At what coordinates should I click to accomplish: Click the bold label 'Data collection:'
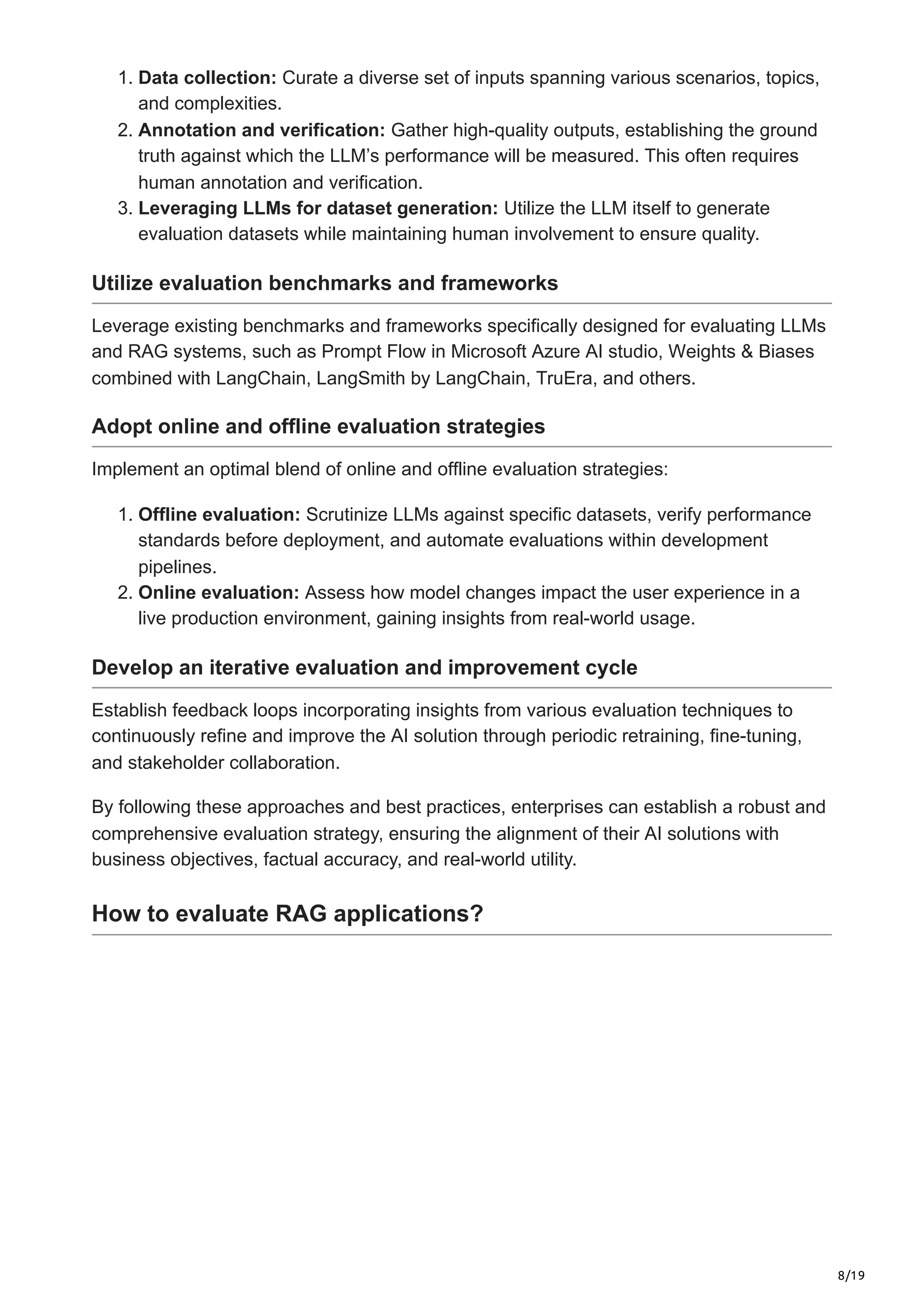(x=207, y=78)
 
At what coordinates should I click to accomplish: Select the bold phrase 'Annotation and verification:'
(x=262, y=130)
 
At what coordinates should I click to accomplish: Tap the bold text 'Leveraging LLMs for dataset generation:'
(x=318, y=208)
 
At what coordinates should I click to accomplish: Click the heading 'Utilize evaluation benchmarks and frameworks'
(x=324, y=283)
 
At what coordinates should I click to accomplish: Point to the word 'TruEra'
(x=561, y=378)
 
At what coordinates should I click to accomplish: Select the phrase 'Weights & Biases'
(x=741, y=351)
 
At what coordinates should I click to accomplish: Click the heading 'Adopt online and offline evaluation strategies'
(x=318, y=426)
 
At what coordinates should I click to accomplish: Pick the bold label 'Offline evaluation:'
(x=219, y=514)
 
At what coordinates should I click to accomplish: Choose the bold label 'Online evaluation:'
(x=219, y=593)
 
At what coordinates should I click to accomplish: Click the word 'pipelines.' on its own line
(x=177, y=567)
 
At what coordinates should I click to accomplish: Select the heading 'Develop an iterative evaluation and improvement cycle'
(x=365, y=667)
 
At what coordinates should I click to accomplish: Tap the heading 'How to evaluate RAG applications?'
(x=287, y=914)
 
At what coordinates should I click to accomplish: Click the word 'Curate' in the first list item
(x=310, y=78)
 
